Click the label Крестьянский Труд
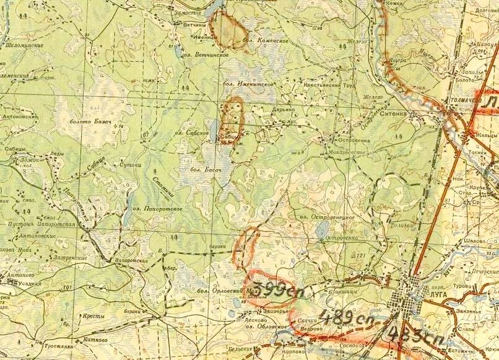coord(329,84)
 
